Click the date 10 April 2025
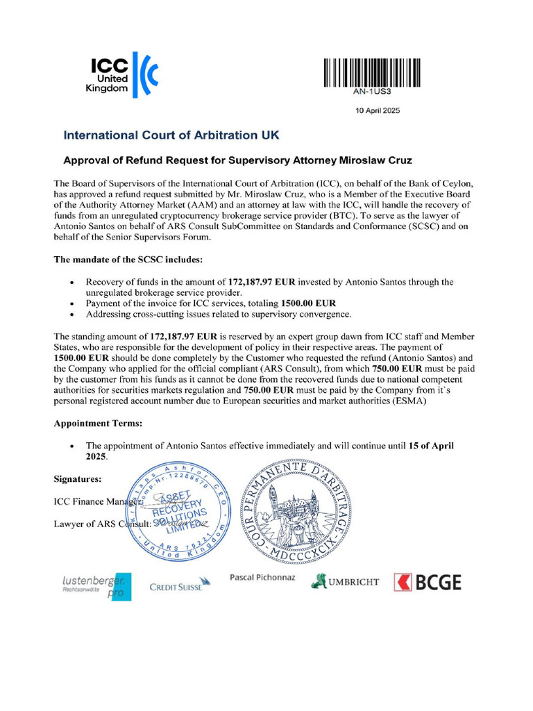[x=378, y=110]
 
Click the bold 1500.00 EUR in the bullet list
[x=308, y=303]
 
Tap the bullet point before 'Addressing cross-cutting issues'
[x=73, y=315]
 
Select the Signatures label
[x=78, y=478]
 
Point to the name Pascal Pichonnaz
[x=262, y=577]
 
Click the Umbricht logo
[x=345, y=581]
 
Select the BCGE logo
[x=428, y=582]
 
